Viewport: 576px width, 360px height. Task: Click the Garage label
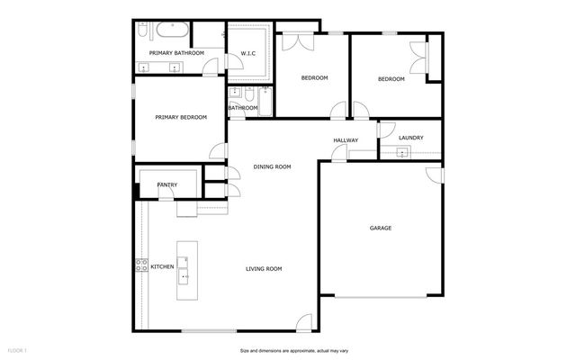(380, 229)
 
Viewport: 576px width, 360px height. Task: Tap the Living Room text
(265, 268)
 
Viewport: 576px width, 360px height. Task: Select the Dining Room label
(272, 166)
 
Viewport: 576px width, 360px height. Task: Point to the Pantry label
(167, 185)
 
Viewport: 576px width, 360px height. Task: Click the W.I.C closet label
(248, 54)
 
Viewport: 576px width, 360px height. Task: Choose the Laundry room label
(410, 138)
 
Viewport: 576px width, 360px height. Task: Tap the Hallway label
(346, 140)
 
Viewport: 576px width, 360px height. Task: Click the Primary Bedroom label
(181, 117)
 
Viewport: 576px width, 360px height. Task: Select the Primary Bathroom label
(176, 53)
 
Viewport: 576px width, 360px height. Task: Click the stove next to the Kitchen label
(141, 265)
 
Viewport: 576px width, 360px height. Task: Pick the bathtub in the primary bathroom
(170, 32)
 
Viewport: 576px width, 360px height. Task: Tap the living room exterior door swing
(305, 321)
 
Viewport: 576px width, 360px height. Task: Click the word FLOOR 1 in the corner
(17, 349)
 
